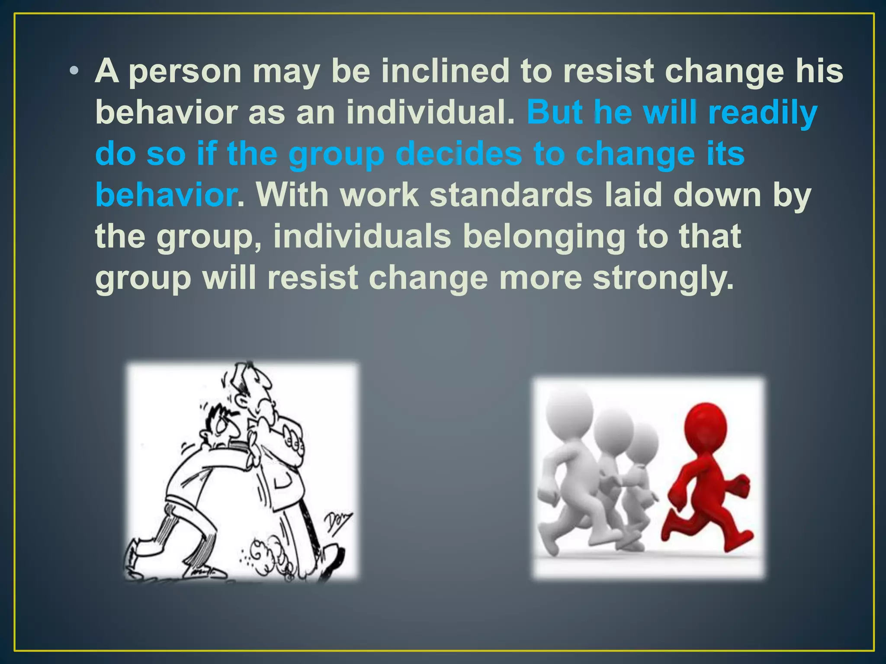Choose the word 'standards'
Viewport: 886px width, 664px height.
coord(510,195)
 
